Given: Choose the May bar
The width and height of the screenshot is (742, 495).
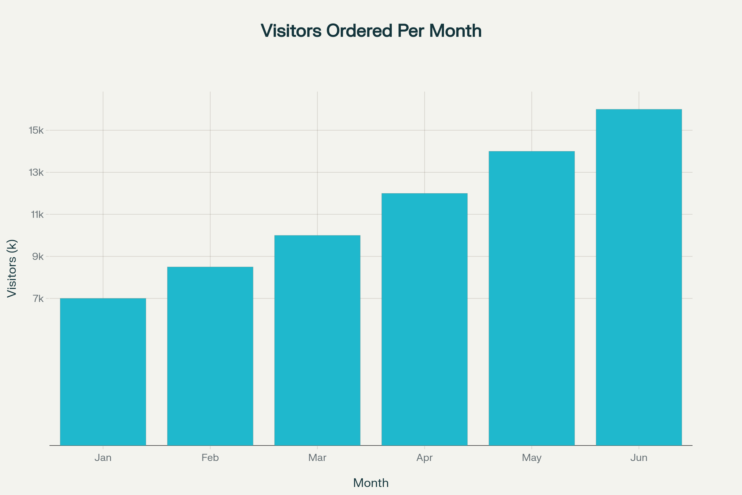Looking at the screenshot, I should pyautogui.click(x=531, y=298).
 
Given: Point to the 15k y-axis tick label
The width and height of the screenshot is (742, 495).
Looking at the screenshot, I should pyautogui.click(x=36, y=130).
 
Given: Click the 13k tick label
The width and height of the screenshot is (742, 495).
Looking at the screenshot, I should pyautogui.click(x=36, y=172).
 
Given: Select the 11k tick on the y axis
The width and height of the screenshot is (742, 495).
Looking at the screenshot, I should pyautogui.click(x=37, y=215).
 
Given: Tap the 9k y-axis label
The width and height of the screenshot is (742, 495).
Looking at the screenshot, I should pyautogui.click(x=38, y=257).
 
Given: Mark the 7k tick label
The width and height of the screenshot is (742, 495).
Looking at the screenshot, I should pyautogui.click(x=38, y=299).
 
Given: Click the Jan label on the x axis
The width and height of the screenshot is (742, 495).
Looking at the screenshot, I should pyautogui.click(x=103, y=458).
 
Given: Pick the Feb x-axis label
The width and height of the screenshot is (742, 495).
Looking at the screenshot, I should pyautogui.click(x=210, y=458).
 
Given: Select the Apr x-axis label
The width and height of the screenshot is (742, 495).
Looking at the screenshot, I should pyautogui.click(x=424, y=458).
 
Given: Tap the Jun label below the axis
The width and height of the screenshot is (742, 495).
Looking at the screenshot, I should pyautogui.click(x=639, y=458).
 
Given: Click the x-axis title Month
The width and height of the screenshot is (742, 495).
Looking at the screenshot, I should pyautogui.click(x=371, y=483).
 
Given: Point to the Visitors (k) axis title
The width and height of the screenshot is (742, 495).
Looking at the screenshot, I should pyautogui.click(x=12, y=268).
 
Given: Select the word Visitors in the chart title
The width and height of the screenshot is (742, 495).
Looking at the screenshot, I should pyautogui.click(x=291, y=31).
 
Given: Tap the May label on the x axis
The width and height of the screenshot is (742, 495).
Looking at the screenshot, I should pyautogui.click(x=531, y=458).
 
